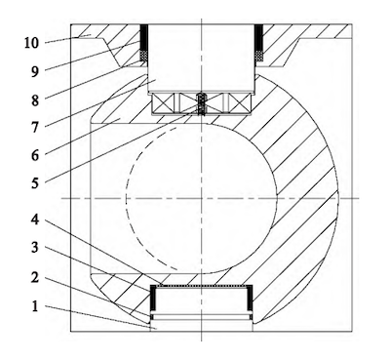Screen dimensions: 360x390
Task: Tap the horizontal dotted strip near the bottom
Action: [x=203, y=289]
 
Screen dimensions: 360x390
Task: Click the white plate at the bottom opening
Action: [x=203, y=318]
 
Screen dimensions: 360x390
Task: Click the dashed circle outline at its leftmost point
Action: [x=125, y=198]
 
